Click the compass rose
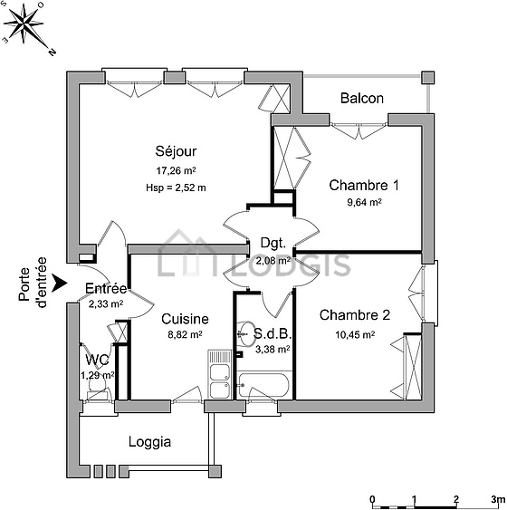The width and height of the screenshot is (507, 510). coord(24,24)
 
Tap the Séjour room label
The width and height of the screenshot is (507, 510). coord(176,151)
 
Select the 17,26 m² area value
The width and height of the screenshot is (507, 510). coord(176,170)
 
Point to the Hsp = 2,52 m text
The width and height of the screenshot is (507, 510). coord(176,188)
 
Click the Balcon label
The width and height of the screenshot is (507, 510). coord(362,98)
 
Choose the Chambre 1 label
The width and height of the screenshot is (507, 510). coord(364,185)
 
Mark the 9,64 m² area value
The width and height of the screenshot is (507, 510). coord(364,202)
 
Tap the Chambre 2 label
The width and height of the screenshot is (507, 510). coord(355,315)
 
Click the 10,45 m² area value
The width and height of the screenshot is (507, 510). coord(355,334)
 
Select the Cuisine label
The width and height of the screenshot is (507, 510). coord(185,319)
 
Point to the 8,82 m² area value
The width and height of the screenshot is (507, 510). coord(185,334)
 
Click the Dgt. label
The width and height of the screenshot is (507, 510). coord(273,244)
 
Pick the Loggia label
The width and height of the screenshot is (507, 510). coord(149,442)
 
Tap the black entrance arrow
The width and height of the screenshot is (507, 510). coord(59,283)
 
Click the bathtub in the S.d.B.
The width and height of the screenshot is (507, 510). coord(263,385)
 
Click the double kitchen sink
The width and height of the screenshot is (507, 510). coord(220,374)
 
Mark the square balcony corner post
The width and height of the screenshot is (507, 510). coord(427,78)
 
